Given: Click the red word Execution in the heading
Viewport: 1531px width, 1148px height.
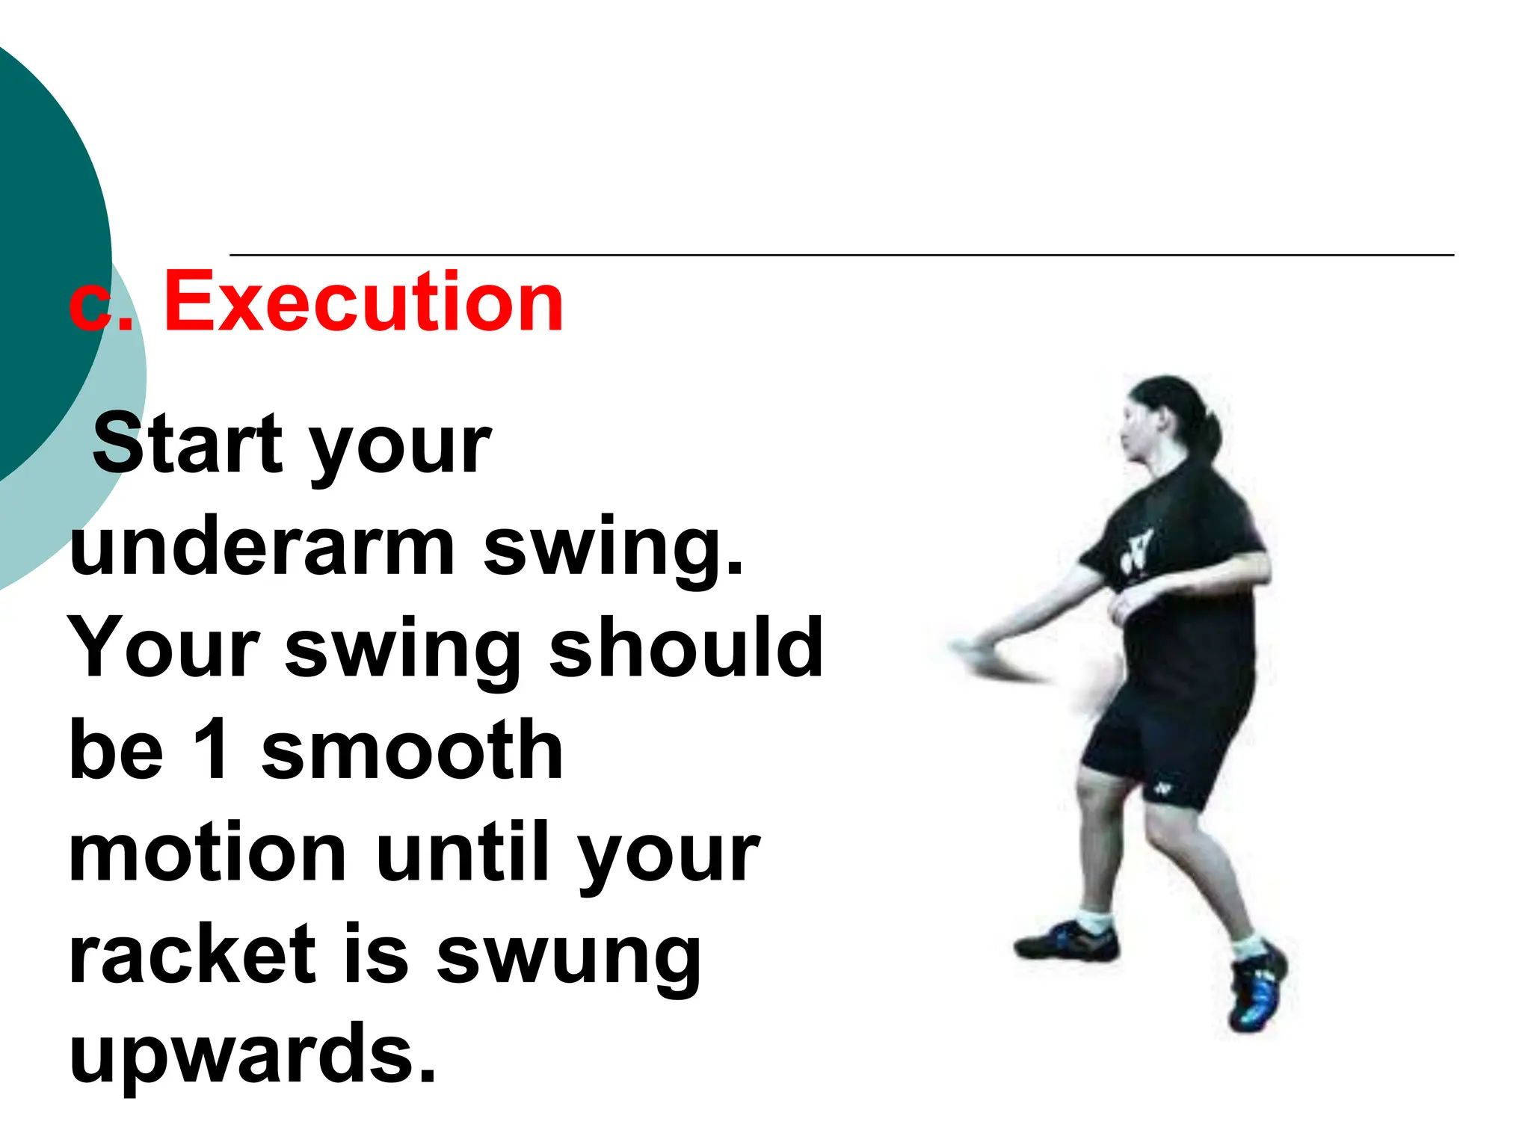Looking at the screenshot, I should pyautogui.click(x=363, y=302).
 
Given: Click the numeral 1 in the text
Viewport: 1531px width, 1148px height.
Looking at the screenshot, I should pyautogui.click(x=212, y=749).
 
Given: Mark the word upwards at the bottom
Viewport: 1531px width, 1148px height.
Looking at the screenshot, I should pyautogui.click(x=252, y=1055).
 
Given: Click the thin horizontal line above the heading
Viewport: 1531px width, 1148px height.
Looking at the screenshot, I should pyautogui.click(x=841, y=256).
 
